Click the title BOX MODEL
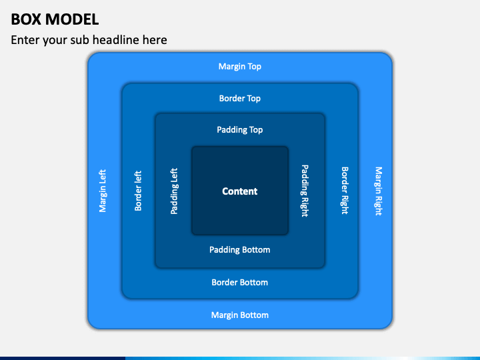pyautogui.click(x=55, y=19)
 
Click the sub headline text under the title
pyautogui.click(x=89, y=40)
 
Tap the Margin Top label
pyautogui.click(x=240, y=67)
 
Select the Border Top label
pyautogui.click(x=240, y=98)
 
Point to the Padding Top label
pyautogui.click(x=240, y=130)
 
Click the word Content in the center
pyautogui.click(x=240, y=191)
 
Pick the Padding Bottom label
pyautogui.click(x=240, y=250)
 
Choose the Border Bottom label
pyautogui.click(x=240, y=282)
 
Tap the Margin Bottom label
pyautogui.click(x=240, y=315)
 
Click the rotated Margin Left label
pyautogui.click(x=103, y=191)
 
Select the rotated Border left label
pyautogui.click(x=138, y=191)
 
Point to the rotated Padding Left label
pyautogui.click(x=174, y=191)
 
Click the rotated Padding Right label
pyautogui.click(x=305, y=191)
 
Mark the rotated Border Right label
pyautogui.click(x=345, y=191)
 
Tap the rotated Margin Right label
pyautogui.click(x=379, y=191)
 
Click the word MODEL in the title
pyautogui.click(x=72, y=19)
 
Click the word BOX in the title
pyautogui.click(x=26, y=19)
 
